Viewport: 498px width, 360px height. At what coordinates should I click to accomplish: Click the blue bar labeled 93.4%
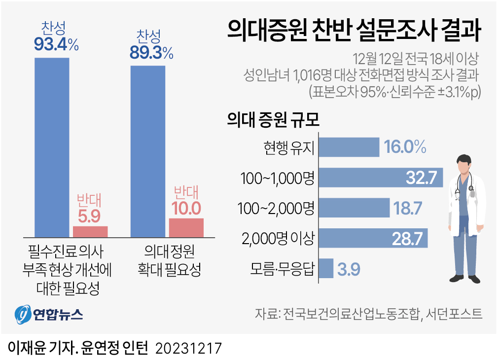pyautogui.click(x=52, y=147)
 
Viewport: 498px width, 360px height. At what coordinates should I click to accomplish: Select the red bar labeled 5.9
pyautogui.click(x=90, y=231)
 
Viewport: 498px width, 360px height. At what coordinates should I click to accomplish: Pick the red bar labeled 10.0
pyautogui.click(x=186, y=227)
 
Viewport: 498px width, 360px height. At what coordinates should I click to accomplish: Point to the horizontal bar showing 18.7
pyautogui.click(x=355, y=208)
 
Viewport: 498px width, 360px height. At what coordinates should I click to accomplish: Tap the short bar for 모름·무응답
pyautogui.click(x=326, y=269)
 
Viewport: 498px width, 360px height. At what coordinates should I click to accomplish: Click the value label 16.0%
pyautogui.click(x=405, y=147)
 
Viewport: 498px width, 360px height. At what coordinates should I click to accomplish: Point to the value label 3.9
pyautogui.click(x=349, y=269)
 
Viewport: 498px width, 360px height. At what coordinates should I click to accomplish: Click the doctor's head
pyautogui.click(x=463, y=165)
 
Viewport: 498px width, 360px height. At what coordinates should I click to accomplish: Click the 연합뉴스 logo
pyautogui.click(x=49, y=314)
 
